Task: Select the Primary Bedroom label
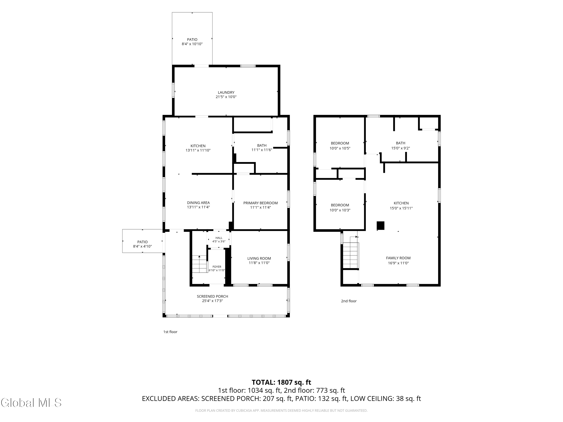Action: tap(260, 203)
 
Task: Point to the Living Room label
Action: tap(259, 258)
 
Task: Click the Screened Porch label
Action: tap(212, 296)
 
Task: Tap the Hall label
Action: tap(219, 238)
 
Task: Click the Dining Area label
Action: tap(198, 203)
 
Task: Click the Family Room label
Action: tap(398, 258)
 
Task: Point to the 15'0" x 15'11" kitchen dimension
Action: tap(401, 208)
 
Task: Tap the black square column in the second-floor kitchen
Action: tap(381, 226)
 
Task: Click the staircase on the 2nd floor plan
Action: tap(351, 255)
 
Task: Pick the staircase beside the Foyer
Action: tap(199, 264)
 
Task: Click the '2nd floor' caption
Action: tap(349, 301)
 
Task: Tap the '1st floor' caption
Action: tap(170, 332)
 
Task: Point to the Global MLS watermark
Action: tap(31, 403)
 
